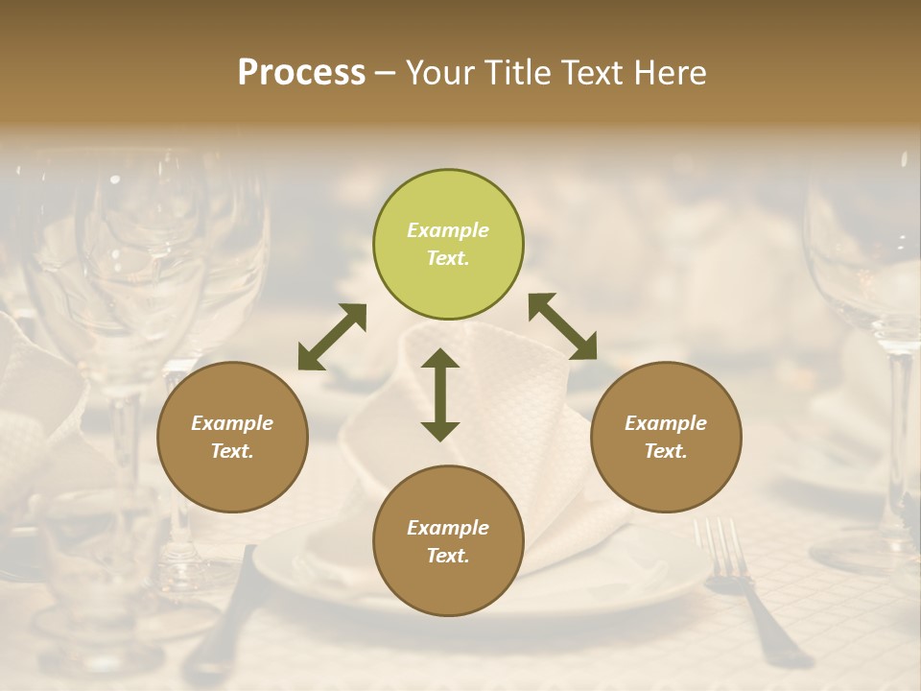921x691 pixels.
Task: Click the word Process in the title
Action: (x=301, y=73)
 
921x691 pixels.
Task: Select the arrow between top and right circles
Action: (x=562, y=326)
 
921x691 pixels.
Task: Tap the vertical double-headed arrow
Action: (x=440, y=394)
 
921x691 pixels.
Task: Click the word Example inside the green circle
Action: (x=448, y=230)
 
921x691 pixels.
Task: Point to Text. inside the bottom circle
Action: (x=448, y=556)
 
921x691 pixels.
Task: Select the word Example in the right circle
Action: (x=666, y=423)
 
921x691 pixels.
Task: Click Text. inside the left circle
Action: (x=232, y=451)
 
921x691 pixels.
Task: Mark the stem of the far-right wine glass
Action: (x=899, y=432)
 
